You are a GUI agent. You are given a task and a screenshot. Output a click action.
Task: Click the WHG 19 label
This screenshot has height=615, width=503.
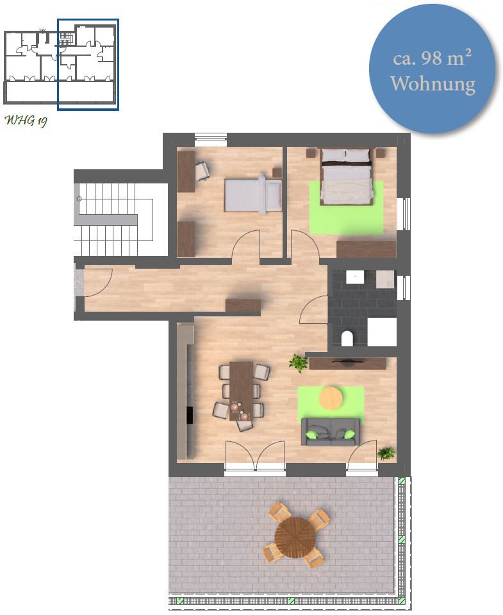coord(26,121)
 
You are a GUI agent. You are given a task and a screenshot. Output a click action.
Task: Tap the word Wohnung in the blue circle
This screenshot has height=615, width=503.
coord(433,84)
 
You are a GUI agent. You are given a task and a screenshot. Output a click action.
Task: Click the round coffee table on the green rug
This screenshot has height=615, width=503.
coord(331,398)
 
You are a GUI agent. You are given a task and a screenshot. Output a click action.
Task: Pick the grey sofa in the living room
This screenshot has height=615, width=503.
coord(330,432)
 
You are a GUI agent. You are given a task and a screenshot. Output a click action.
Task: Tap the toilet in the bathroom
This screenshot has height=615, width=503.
coord(347,339)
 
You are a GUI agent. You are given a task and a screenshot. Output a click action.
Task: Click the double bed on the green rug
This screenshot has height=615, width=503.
coord(345,176)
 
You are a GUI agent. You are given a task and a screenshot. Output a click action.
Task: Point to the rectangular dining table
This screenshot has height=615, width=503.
coord(242,391)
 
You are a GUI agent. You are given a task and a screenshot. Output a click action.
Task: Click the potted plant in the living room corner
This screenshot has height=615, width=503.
coord(386,453)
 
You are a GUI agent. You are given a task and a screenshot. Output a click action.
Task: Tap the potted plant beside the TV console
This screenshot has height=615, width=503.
coord(298,363)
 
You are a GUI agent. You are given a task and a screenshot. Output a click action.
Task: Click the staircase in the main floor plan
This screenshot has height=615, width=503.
coord(115,219)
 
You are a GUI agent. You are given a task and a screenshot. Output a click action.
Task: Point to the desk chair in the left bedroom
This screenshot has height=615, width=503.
coord(202,171)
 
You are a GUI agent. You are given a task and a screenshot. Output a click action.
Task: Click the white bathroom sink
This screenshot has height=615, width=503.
coord(355,277)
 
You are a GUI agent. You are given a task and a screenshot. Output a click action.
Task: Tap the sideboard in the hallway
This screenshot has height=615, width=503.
coord(243,306)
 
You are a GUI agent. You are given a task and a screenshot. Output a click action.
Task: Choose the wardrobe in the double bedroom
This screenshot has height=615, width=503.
coord(367,249)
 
